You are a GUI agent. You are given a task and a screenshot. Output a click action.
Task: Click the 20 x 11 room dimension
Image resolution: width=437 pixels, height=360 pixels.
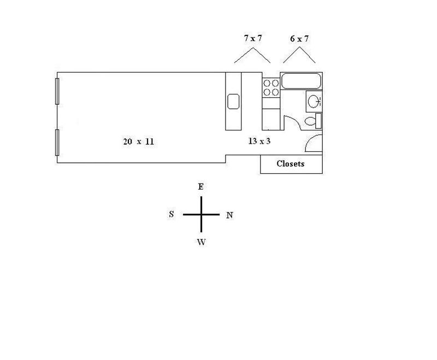click(x=139, y=141)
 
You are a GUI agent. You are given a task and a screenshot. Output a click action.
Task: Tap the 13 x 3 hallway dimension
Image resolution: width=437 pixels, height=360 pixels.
click(x=259, y=141)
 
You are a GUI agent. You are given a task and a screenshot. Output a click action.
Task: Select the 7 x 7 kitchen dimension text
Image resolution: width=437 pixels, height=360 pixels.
click(x=253, y=38)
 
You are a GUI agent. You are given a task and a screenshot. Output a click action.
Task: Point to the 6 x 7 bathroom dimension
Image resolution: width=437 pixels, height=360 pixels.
click(x=299, y=39)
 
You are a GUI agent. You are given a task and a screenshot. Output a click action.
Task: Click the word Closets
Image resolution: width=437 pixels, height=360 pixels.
click(x=291, y=163)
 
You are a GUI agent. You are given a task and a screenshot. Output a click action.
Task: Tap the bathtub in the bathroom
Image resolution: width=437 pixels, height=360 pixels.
click(x=301, y=81)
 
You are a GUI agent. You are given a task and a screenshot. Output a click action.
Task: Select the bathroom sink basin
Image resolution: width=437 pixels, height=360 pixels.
click(x=314, y=101)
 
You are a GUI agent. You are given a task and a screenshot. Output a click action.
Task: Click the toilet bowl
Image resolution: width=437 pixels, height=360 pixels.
click(x=310, y=121)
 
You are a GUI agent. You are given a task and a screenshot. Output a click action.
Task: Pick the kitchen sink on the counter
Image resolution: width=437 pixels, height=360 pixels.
click(x=233, y=102)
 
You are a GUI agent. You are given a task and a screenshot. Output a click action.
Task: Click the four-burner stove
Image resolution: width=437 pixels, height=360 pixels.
click(x=271, y=88)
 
